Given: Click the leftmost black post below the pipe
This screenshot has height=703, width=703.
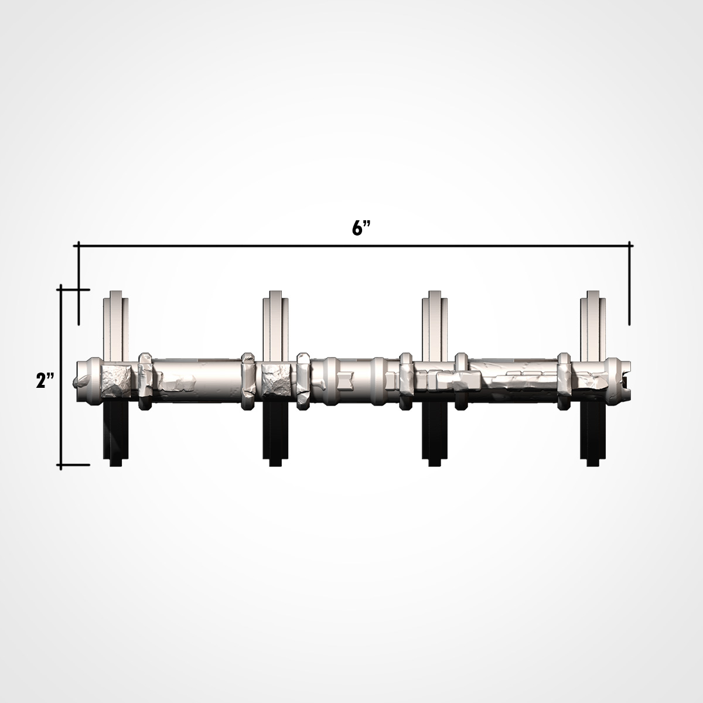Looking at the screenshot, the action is (116, 434).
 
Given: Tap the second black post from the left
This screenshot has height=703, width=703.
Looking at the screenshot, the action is (275, 434).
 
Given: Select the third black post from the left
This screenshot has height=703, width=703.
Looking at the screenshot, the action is (434, 434).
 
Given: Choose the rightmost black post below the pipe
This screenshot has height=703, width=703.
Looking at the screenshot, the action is (593, 434).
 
